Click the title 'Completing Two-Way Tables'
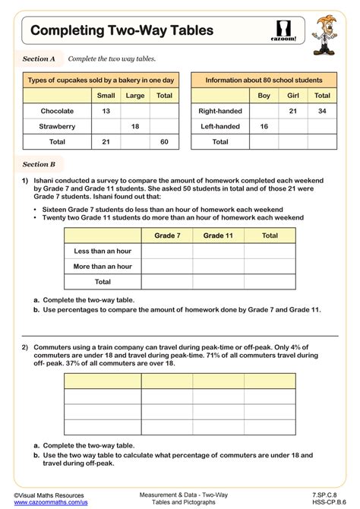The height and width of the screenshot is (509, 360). (x=122, y=30)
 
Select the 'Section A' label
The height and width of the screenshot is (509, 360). (x=39, y=58)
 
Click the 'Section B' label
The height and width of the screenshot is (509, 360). (x=39, y=163)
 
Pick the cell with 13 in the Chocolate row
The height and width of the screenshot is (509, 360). (x=106, y=111)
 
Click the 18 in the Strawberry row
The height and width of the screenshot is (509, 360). (x=134, y=126)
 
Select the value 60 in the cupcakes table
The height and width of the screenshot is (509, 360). (x=163, y=141)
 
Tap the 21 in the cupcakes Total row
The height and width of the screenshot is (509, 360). (x=106, y=141)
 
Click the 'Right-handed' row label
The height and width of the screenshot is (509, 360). (x=219, y=111)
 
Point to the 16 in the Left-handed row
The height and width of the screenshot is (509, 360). (x=264, y=126)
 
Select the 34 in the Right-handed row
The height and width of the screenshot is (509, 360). (x=322, y=111)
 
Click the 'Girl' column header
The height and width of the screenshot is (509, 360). (x=293, y=96)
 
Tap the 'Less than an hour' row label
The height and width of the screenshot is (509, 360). (x=103, y=251)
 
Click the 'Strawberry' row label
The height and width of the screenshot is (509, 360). (x=57, y=126)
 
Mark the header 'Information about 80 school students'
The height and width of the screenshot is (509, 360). (x=264, y=80)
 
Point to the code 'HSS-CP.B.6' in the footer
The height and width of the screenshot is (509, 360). (x=329, y=503)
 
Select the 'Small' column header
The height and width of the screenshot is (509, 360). (x=106, y=96)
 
